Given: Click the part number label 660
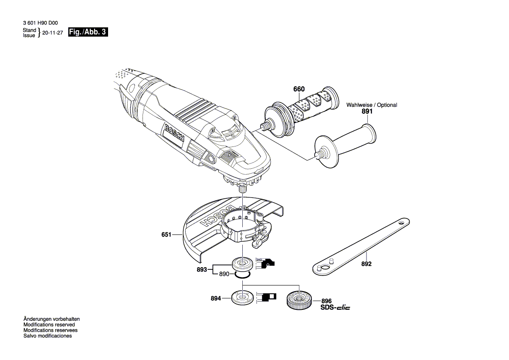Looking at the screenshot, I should pyautogui.click(x=299, y=89).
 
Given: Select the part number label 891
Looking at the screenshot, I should pyautogui.click(x=367, y=112).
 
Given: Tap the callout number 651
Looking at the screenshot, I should pyautogui.click(x=166, y=235).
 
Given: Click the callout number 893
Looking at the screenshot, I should pyautogui.click(x=201, y=269).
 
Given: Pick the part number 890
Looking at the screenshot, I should pyautogui.click(x=224, y=274).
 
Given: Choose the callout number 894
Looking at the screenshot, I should pyautogui.click(x=215, y=299).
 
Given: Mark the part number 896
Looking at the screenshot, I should pyautogui.click(x=326, y=301).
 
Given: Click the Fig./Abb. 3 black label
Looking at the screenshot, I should pyautogui.click(x=88, y=32).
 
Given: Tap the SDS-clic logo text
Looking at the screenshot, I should pyautogui.click(x=335, y=307).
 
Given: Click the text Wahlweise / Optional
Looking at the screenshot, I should pyautogui.click(x=372, y=105).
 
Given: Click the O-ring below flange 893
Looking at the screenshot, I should pyautogui.click(x=241, y=275).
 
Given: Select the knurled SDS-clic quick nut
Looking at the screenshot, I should pyautogui.click(x=299, y=300).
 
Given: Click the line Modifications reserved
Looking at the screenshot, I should pyautogui.click(x=49, y=325).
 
